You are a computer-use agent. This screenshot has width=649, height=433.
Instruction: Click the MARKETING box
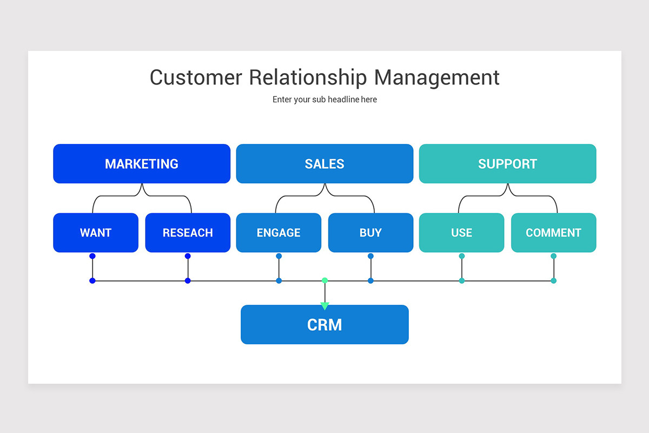click(x=142, y=163)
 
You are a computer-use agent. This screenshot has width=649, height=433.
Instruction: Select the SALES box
click(x=325, y=163)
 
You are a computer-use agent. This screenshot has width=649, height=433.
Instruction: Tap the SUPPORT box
click(x=507, y=163)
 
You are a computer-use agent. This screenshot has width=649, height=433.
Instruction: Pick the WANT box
click(x=96, y=233)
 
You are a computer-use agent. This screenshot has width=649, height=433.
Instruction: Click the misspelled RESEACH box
click(x=188, y=233)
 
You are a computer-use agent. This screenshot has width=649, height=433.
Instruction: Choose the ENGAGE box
click(x=279, y=233)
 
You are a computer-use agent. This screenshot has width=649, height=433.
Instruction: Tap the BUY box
click(x=370, y=233)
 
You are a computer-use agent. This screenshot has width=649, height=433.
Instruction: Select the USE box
click(x=461, y=233)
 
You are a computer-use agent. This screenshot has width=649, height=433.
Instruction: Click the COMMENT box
click(x=553, y=233)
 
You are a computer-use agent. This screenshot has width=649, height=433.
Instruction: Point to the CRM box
click(x=325, y=324)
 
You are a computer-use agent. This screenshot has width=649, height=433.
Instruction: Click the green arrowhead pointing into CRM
click(x=325, y=306)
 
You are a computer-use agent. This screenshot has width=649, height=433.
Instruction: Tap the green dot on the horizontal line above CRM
click(x=325, y=280)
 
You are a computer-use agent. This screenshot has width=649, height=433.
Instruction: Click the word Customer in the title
click(x=196, y=77)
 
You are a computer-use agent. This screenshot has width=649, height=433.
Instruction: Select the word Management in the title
click(x=437, y=77)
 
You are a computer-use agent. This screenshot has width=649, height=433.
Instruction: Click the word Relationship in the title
click(x=308, y=77)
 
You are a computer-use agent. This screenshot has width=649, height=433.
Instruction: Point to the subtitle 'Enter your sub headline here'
click(x=325, y=100)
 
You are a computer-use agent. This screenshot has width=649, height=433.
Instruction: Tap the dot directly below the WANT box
click(x=92, y=256)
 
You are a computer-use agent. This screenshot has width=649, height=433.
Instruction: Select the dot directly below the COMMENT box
click(x=553, y=256)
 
